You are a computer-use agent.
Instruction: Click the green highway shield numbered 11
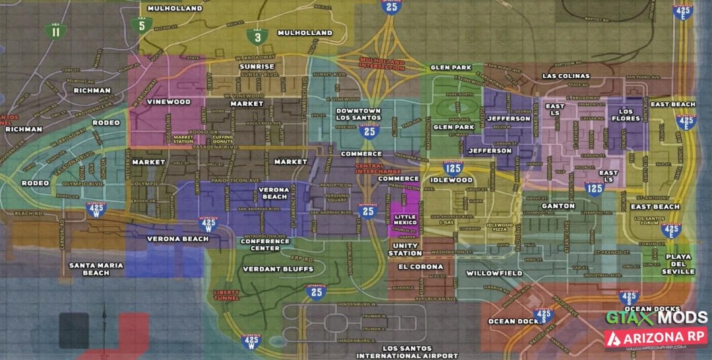point(55,30)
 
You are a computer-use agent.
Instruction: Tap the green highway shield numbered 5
point(142,26)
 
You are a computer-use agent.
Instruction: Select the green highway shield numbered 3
point(257,37)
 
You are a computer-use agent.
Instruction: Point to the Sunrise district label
point(256,67)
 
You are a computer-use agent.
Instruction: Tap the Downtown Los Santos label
point(358,114)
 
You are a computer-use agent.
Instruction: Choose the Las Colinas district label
point(566,76)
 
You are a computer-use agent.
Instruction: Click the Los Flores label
point(626,115)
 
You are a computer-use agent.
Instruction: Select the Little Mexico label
point(405,219)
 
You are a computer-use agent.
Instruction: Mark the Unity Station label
point(405,249)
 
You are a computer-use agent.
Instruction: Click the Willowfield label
point(494,272)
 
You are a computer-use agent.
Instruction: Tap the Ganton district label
point(558,206)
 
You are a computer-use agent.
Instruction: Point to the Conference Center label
point(265,245)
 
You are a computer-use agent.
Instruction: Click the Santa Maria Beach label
point(96,268)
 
